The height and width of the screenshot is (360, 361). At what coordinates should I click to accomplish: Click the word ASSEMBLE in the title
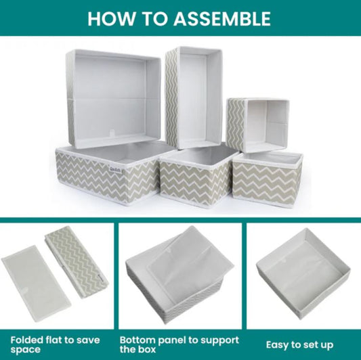[x=222, y=18]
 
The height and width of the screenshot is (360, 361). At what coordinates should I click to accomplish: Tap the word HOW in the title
[x=111, y=18]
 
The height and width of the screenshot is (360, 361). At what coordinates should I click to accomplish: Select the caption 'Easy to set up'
[x=299, y=345]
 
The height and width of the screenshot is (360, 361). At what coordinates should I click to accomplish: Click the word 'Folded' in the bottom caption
[x=27, y=340]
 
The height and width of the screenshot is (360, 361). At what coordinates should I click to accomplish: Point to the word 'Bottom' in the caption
[x=137, y=340]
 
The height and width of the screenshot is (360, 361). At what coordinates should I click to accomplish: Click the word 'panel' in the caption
[x=172, y=340]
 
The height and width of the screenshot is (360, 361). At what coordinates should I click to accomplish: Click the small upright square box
[x=257, y=125]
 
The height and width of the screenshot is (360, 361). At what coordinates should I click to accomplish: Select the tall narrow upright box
[x=194, y=97]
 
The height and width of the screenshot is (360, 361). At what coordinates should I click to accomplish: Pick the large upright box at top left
[x=114, y=99]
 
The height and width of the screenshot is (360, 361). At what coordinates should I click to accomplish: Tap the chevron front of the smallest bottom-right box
[x=266, y=182]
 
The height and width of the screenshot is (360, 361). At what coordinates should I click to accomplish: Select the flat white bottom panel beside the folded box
[x=37, y=282]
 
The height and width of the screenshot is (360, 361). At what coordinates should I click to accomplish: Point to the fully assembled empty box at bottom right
[x=303, y=274]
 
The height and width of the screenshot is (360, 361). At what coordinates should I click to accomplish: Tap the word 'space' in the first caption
[x=25, y=350]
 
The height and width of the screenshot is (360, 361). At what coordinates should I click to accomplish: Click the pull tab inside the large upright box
[x=112, y=133]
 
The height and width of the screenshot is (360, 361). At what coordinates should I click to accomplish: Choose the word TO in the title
[x=154, y=18]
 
